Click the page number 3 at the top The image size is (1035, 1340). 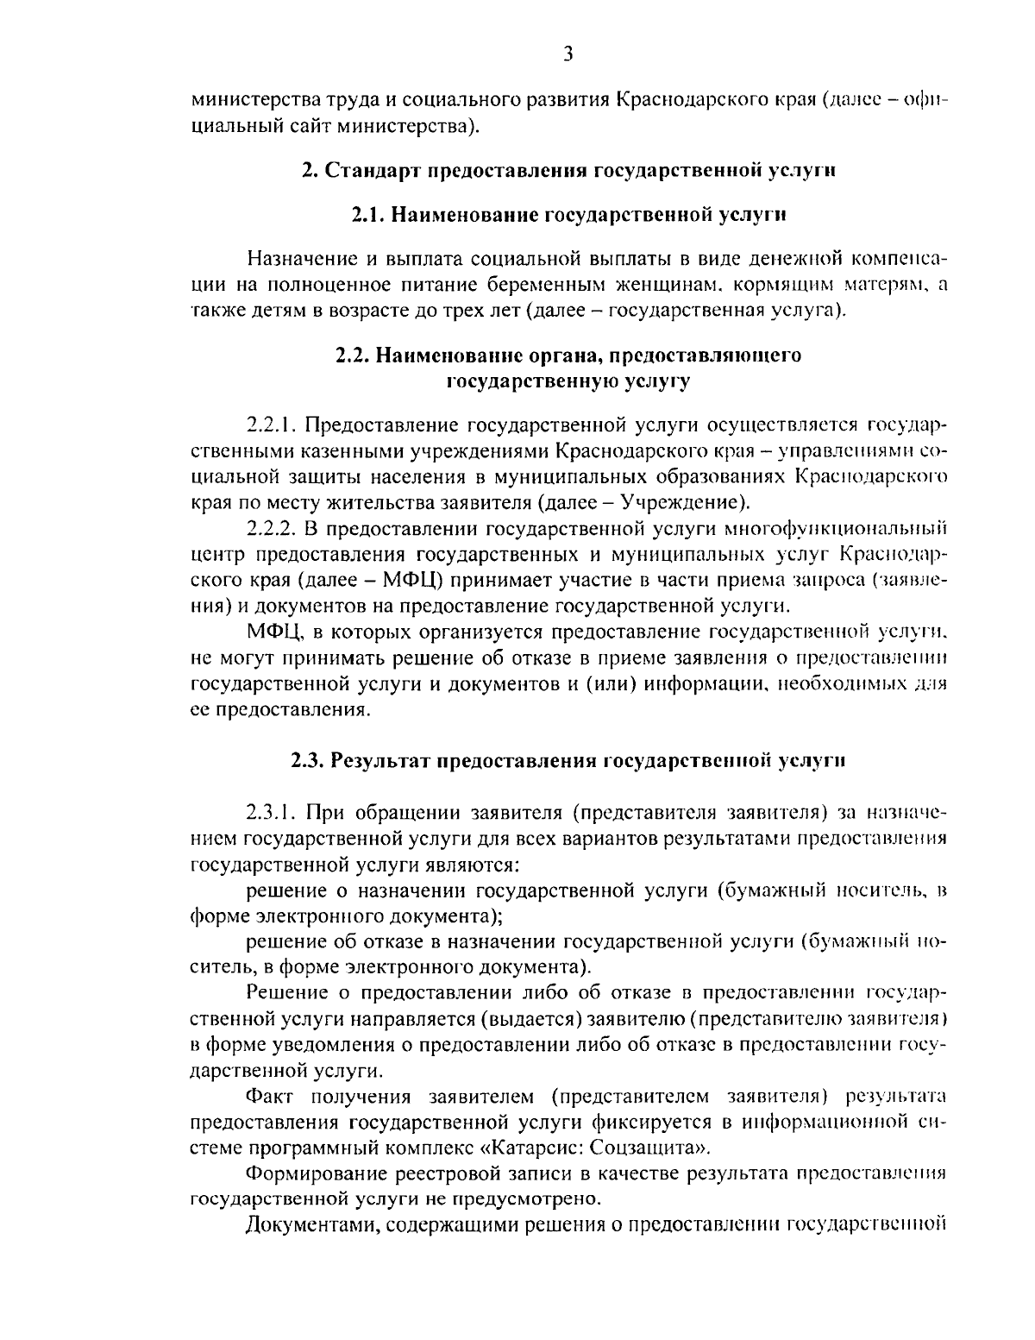pyautogui.click(x=568, y=54)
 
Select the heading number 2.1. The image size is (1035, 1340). pyautogui.click(x=369, y=215)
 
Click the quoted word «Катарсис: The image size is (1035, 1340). pyautogui.click(x=533, y=1148)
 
